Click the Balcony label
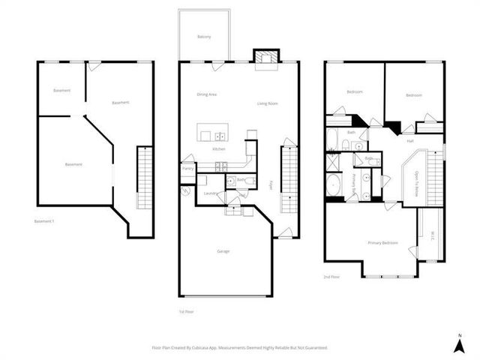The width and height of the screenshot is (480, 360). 204,37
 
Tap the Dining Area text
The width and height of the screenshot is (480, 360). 207,94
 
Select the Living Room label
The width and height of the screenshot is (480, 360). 268,103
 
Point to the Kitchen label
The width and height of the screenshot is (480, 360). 219,149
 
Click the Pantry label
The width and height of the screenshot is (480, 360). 187,169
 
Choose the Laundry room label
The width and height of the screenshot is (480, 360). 210,193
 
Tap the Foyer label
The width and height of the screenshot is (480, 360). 271,184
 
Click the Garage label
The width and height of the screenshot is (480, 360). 224,250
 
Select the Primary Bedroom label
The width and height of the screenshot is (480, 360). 382,243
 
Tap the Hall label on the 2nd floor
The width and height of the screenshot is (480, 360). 410,140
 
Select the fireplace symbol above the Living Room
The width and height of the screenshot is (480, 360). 263,61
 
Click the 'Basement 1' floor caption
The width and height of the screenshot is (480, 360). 44,221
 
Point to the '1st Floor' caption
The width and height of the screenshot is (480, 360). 186,310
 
